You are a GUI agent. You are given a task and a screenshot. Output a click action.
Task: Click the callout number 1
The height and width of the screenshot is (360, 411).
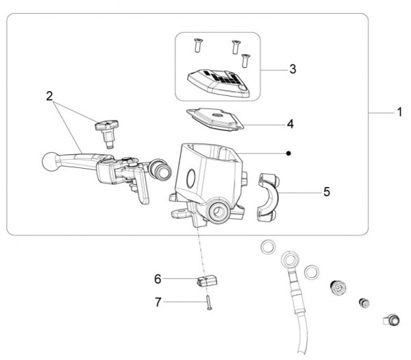pyautogui.click(x=399, y=112)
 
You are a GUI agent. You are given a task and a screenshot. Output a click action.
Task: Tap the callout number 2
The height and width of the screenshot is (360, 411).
pyautogui.click(x=49, y=96)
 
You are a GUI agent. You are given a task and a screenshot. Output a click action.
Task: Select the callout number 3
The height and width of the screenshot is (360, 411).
pyautogui.click(x=292, y=69)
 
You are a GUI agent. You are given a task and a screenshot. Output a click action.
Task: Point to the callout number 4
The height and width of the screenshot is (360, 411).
pyautogui.click(x=290, y=124)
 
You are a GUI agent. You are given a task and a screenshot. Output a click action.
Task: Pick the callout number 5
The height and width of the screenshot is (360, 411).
pyautogui.click(x=327, y=192)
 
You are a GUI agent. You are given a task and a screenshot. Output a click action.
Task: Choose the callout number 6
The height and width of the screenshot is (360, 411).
pyautogui.click(x=158, y=279)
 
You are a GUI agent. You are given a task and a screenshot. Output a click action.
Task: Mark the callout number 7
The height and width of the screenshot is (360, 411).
pyautogui.click(x=158, y=302)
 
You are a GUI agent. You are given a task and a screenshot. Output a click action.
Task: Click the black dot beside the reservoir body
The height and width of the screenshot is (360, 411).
pyautogui.click(x=288, y=153)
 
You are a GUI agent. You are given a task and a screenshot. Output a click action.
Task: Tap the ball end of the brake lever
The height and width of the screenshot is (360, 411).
pyautogui.click(x=50, y=162)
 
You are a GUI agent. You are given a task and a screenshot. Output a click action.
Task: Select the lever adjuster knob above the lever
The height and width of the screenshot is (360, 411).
pyautogui.click(x=106, y=133)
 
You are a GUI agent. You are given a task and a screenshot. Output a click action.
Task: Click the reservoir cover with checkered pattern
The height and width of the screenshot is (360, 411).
pyautogui.click(x=219, y=83)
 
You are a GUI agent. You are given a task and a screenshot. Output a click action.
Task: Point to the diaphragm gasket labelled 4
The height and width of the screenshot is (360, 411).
pyautogui.click(x=215, y=119)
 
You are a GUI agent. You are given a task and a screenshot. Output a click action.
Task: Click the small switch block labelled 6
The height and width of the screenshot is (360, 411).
pyautogui.click(x=207, y=280)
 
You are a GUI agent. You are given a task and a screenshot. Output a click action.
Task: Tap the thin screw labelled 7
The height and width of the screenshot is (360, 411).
pyautogui.click(x=209, y=302)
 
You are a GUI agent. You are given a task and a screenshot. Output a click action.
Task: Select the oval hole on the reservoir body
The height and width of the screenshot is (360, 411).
pyautogui.click(x=191, y=178)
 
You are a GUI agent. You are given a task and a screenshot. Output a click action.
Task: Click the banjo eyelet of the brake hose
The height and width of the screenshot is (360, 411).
pyautogui.click(x=290, y=261)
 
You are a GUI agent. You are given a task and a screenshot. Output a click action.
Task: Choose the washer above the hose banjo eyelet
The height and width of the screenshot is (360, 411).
pyautogui.click(x=269, y=247)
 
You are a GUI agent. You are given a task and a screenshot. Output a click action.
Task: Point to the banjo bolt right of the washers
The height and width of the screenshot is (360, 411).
pyautogui.click(x=338, y=288)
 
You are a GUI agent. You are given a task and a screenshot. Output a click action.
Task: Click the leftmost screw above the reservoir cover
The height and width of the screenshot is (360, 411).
pyautogui.click(x=198, y=45)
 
